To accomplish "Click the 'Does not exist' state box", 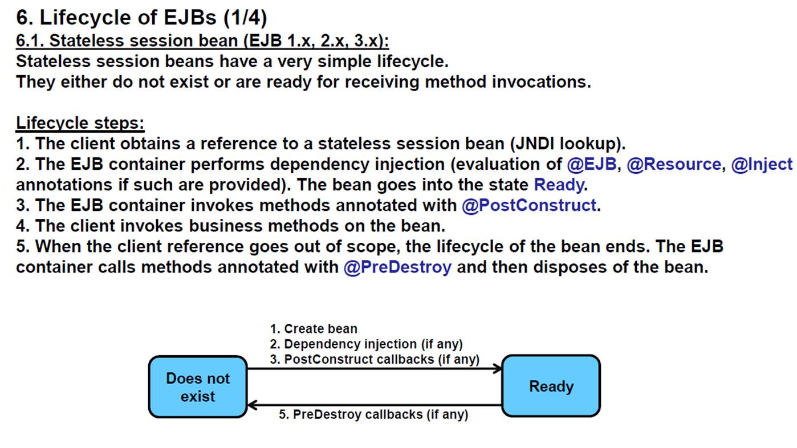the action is tap(198, 387).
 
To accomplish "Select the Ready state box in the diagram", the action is tap(551, 386).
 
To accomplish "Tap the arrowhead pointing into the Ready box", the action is tap(498, 369).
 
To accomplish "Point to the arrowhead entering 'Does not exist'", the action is tap(252, 405).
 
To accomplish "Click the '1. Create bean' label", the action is tap(314, 328).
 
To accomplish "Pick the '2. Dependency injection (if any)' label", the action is tap(366, 344).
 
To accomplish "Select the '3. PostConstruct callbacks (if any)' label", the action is tap(375, 360).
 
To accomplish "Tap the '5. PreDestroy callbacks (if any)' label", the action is tap(373, 414).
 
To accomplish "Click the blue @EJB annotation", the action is tap(591, 164).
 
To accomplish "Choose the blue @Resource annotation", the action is tap(674, 164).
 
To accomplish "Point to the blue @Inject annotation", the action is tap(762, 164).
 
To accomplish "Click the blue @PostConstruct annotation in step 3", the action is tap(528, 205).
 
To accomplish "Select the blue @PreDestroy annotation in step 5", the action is tap(397, 267).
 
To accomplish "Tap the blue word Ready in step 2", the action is tap(559, 185).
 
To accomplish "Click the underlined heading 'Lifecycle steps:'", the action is tap(80, 123).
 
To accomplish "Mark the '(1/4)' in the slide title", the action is tap(245, 18).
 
